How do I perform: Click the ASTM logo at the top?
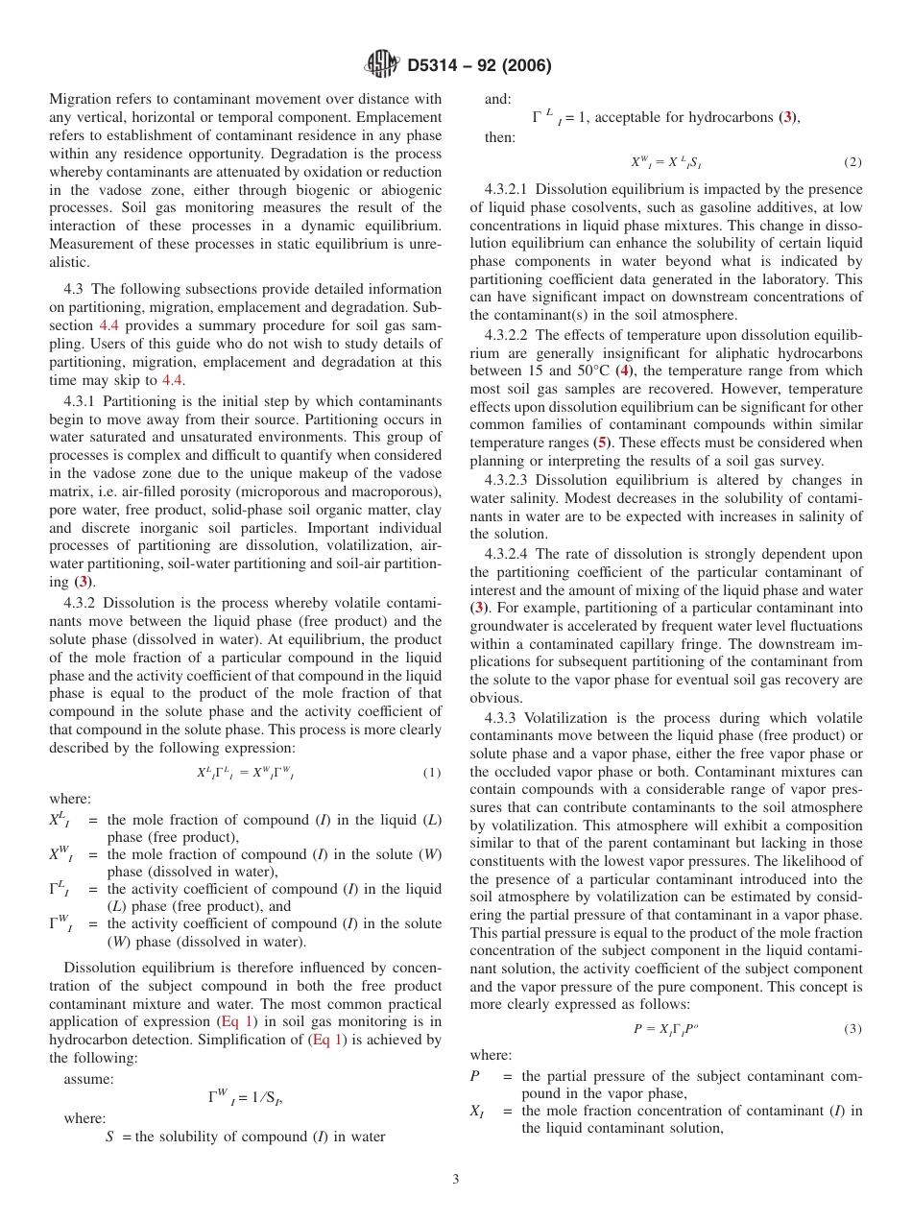click(x=383, y=64)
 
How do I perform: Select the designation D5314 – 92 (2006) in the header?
click(x=479, y=66)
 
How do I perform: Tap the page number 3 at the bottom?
click(x=456, y=1180)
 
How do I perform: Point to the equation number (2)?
click(x=852, y=162)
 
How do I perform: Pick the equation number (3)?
click(x=852, y=1029)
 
